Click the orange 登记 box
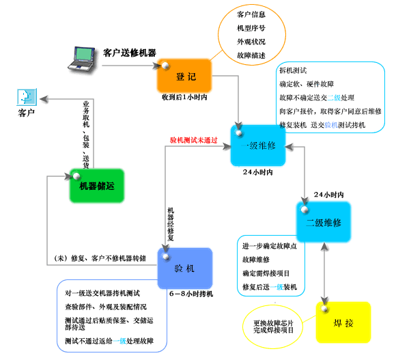point(184,76)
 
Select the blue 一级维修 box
point(258,146)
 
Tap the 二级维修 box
point(324,222)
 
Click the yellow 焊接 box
point(343,322)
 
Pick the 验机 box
point(185,268)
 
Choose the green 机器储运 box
point(97,186)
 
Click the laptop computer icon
point(81,59)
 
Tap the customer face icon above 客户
point(27,97)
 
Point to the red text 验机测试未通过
point(194,140)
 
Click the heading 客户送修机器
point(130,53)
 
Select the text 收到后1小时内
point(184,97)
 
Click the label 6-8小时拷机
point(191,294)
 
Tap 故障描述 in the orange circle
point(251,55)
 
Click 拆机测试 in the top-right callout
point(293,70)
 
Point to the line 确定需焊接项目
point(266,273)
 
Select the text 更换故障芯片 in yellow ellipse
point(273,323)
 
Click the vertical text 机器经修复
point(171,224)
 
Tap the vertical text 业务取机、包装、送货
point(86,135)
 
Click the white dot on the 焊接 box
point(324,309)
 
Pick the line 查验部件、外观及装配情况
point(106,307)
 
